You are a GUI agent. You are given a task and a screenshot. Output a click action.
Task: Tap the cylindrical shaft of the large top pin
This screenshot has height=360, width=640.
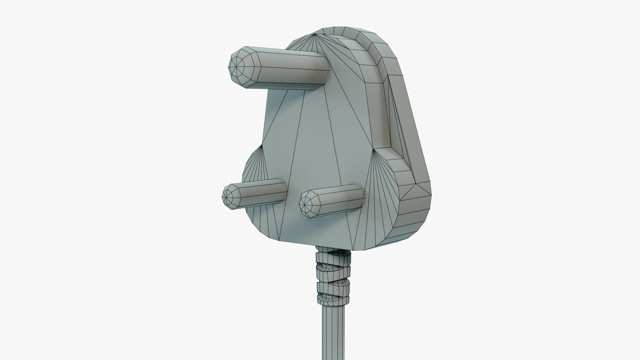pos(290,70)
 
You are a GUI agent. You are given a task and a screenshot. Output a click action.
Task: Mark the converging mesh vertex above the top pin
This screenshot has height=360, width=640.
pos(315,35)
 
